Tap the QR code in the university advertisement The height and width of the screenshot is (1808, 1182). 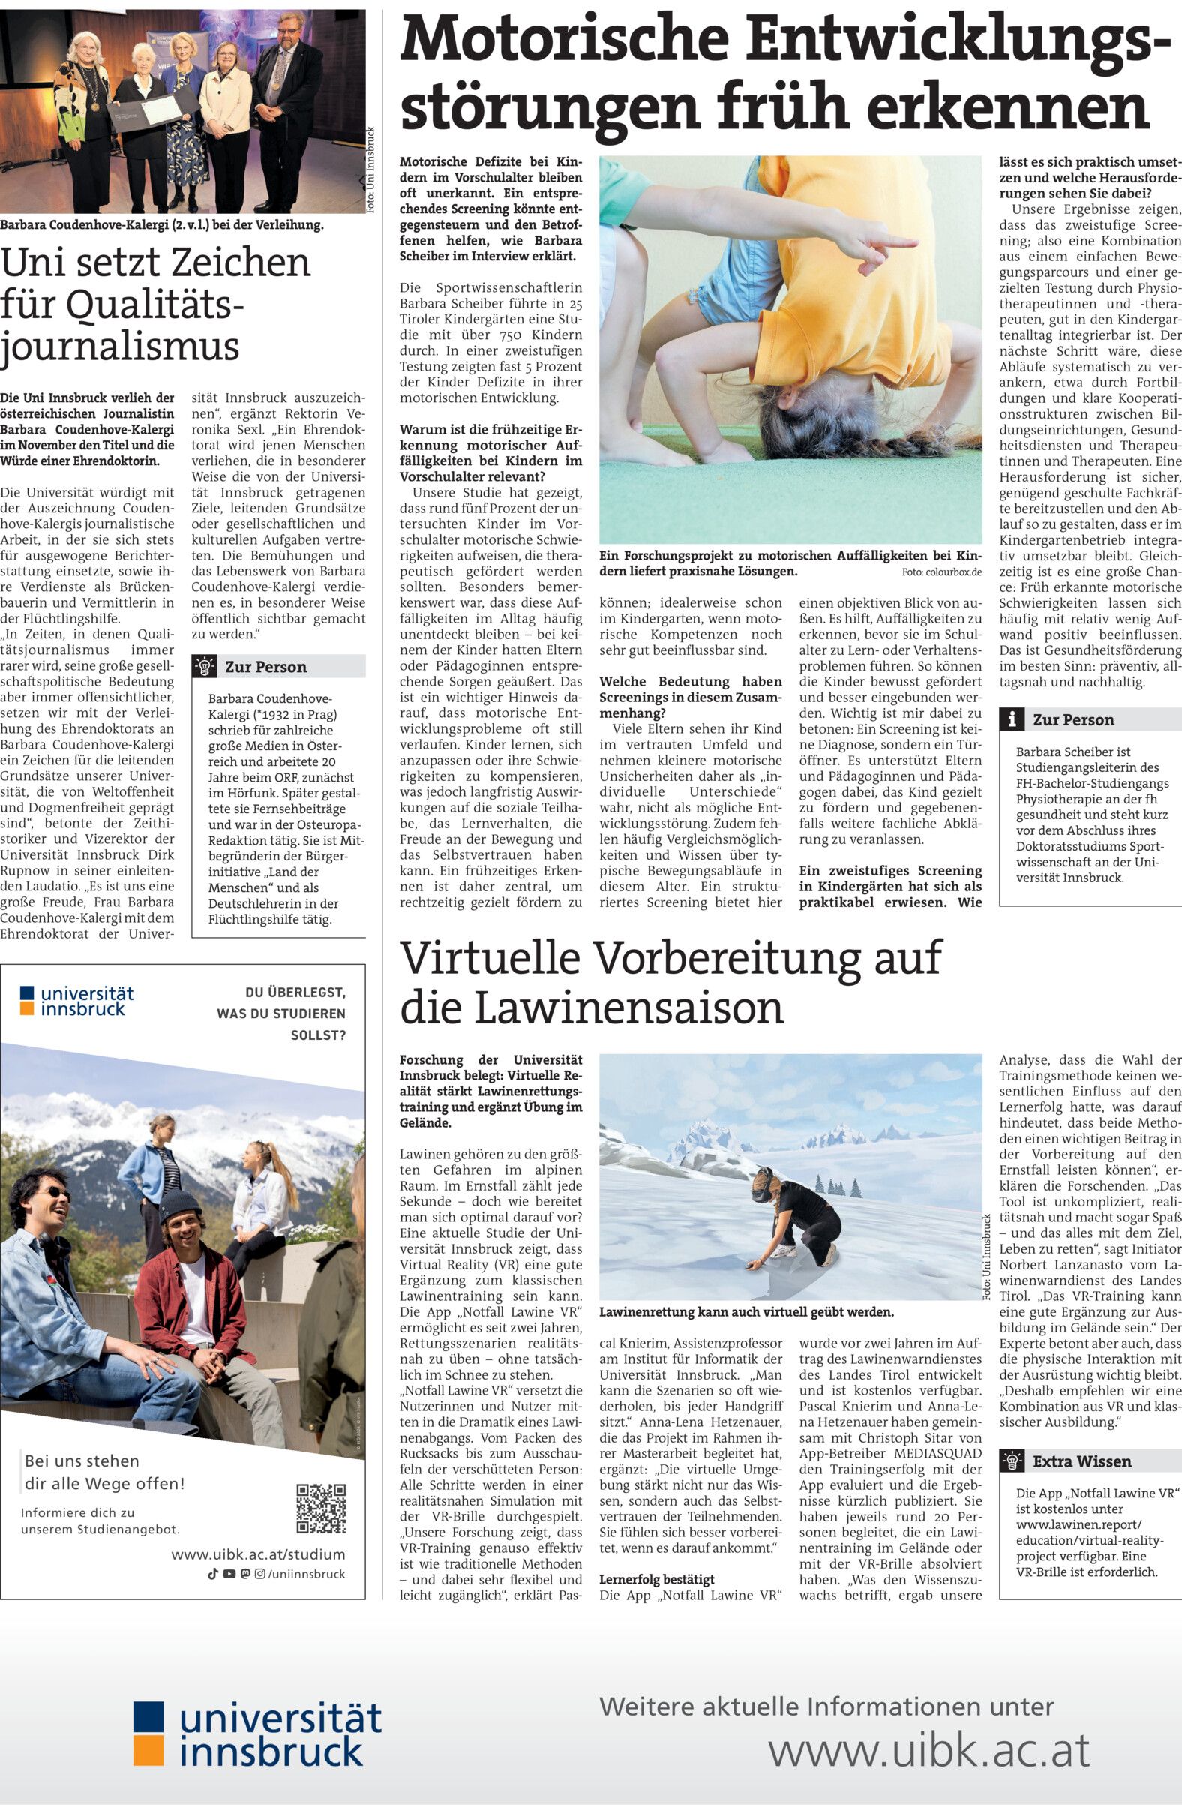pos(320,1509)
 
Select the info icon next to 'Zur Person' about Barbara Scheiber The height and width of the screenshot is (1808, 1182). pos(1011,719)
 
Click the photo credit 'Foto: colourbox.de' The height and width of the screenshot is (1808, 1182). pos(942,571)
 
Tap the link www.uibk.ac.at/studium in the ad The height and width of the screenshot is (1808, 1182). pos(258,1554)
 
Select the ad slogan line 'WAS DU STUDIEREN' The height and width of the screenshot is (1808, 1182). pos(280,1014)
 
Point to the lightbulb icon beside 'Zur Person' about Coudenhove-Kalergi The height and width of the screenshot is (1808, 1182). pos(203,666)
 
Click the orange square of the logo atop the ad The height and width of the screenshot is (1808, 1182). pos(27,1008)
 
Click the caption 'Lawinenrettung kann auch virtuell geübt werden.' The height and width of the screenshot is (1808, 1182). pos(746,1312)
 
